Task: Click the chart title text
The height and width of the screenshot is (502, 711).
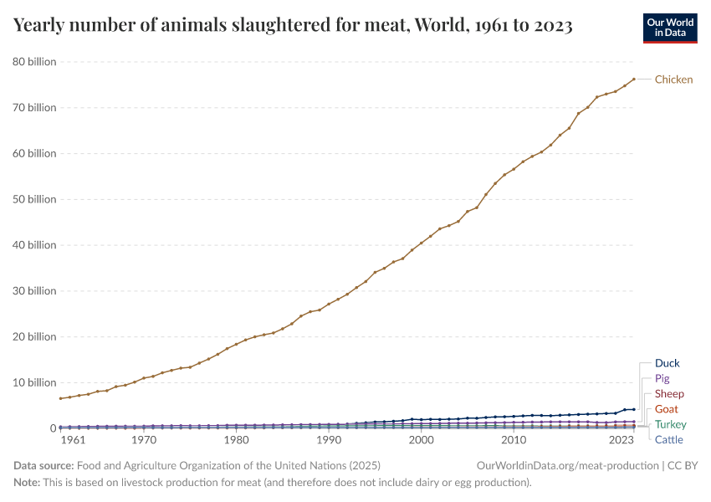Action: (293, 25)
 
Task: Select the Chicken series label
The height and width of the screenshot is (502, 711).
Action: (673, 79)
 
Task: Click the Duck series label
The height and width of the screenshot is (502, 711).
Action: (667, 363)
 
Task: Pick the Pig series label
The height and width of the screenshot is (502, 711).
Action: (662, 379)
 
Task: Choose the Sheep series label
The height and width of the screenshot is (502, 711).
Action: (669, 394)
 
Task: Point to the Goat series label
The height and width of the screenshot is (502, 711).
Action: (666, 409)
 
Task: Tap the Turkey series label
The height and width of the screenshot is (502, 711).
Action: (670, 425)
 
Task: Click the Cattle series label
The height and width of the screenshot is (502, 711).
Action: (668, 440)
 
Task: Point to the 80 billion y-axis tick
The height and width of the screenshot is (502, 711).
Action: (33, 62)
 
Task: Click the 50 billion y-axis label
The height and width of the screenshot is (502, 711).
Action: (33, 199)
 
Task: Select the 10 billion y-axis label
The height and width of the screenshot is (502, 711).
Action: (33, 382)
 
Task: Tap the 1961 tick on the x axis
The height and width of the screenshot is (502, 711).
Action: (73, 440)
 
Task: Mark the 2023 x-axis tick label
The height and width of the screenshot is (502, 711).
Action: (621, 440)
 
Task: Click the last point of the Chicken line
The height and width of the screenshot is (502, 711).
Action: (634, 79)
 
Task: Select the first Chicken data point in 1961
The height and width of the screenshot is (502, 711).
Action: (60, 398)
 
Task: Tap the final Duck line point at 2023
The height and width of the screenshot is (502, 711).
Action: (634, 409)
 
